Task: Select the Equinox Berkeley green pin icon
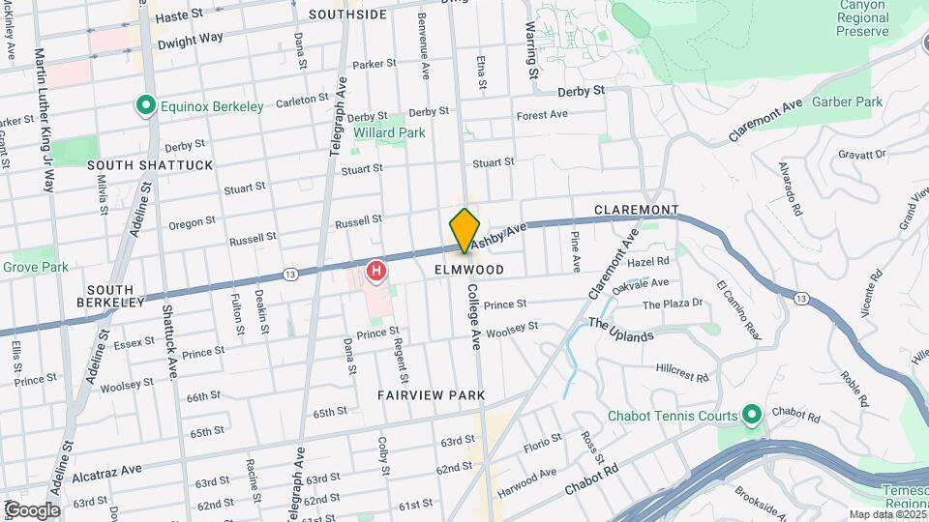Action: pyautogui.click(x=146, y=105)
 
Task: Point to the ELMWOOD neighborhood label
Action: pyautogui.click(x=469, y=270)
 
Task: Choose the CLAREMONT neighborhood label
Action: pyautogui.click(x=636, y=210)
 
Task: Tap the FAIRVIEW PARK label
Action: pyautogui.click(x=432, y=396)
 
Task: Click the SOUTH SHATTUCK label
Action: pyautogui.click(x=150, y=165)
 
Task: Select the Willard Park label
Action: pyautogui.click(x=389, y=131)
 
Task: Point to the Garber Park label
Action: pyautogui.click(x=847, y=101)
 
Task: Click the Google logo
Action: pyautogui.click(x=32, y=509)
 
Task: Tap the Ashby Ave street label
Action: pyautogui.click(x=499, y=233)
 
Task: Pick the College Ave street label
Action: pyautogui.click(x=474, y=316)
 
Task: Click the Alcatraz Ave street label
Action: pyautogui.click(x=107, y=469)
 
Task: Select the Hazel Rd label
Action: pyautogui.click(x=648, y=261)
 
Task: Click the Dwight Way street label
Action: pyautogui.click(x=191, y=39)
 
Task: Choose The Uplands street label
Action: pyautogui.click(x=620, y=330)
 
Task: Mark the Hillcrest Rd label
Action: pyautogui.click(x=683, y=370)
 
